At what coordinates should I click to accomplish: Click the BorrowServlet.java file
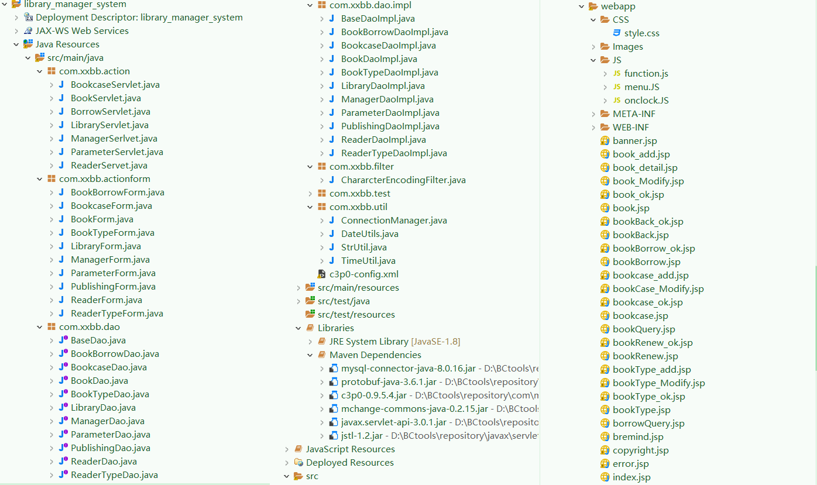(110, 112)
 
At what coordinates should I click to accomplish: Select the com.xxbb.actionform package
(104, 179)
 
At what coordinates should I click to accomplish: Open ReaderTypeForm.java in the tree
(116, 314)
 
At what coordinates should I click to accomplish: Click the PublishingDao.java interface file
(110, 448)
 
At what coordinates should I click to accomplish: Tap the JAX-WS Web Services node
(82, 31)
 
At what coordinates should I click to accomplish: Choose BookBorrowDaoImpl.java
(394, 32)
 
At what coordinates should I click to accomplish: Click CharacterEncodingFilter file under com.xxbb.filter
(403, 180)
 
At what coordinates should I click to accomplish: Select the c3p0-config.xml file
(363, 274)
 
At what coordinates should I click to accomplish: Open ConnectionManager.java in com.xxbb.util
(394, 221)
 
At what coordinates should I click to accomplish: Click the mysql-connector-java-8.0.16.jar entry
(408, 369)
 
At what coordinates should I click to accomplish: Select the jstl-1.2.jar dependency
(362, 436)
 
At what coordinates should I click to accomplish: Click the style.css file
(641, 33)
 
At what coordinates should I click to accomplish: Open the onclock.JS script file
(646, 101)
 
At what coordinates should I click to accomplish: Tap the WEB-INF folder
(630, 128)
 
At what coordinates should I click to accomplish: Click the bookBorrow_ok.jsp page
(654, 249)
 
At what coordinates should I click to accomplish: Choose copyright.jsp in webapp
(640, 450)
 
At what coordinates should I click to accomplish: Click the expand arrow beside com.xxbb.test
(310, 194)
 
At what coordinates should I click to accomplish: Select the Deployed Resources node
(349, 463)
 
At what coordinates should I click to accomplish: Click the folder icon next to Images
(605, 47)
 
